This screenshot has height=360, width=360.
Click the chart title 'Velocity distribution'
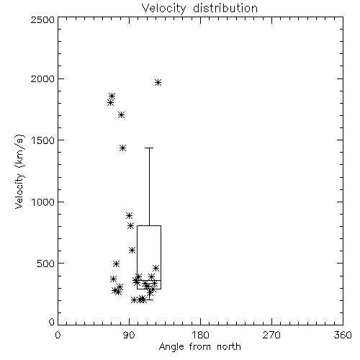199,9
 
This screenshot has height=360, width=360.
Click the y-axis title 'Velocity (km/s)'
19,171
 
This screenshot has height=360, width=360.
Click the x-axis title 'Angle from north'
199,347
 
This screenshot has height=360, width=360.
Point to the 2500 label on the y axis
43,19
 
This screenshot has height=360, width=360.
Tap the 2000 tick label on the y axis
43,78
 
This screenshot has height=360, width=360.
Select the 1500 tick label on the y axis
43,140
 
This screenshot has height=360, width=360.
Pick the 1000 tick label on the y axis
43,202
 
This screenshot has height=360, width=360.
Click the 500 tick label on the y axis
46,264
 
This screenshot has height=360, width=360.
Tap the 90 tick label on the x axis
129,335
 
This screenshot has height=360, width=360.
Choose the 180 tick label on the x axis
200,335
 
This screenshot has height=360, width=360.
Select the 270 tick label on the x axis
271,335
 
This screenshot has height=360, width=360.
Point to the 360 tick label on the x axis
343,335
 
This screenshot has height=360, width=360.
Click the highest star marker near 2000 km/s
158,83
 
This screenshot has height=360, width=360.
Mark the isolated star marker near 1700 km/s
122,114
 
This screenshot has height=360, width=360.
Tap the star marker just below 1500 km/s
122,148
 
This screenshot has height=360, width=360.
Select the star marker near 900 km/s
129,215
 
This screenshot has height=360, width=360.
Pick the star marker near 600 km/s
132,251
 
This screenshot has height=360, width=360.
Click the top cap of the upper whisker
149,148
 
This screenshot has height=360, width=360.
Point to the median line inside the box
149,280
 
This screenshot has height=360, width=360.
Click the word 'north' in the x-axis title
229,347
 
